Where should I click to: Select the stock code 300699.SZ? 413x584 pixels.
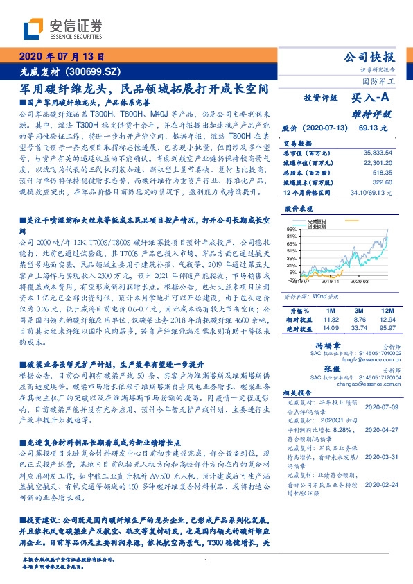(96, 71)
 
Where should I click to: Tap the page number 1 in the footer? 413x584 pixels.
(206, 560)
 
